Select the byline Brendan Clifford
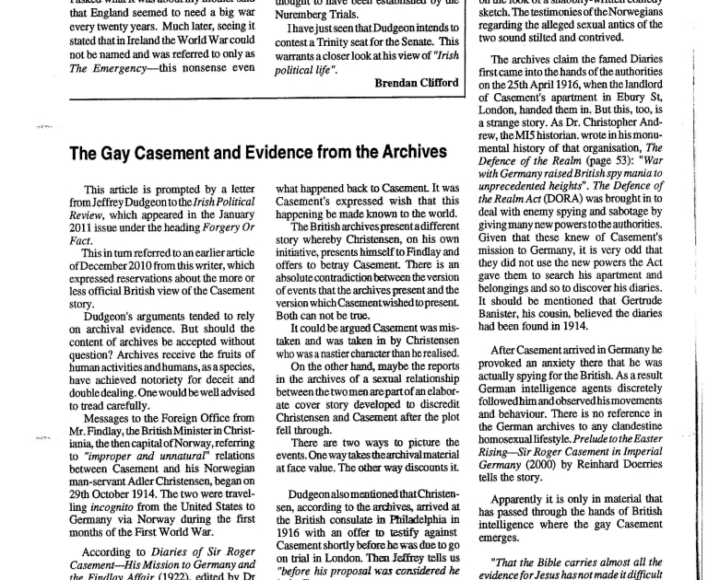pos(416,82)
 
